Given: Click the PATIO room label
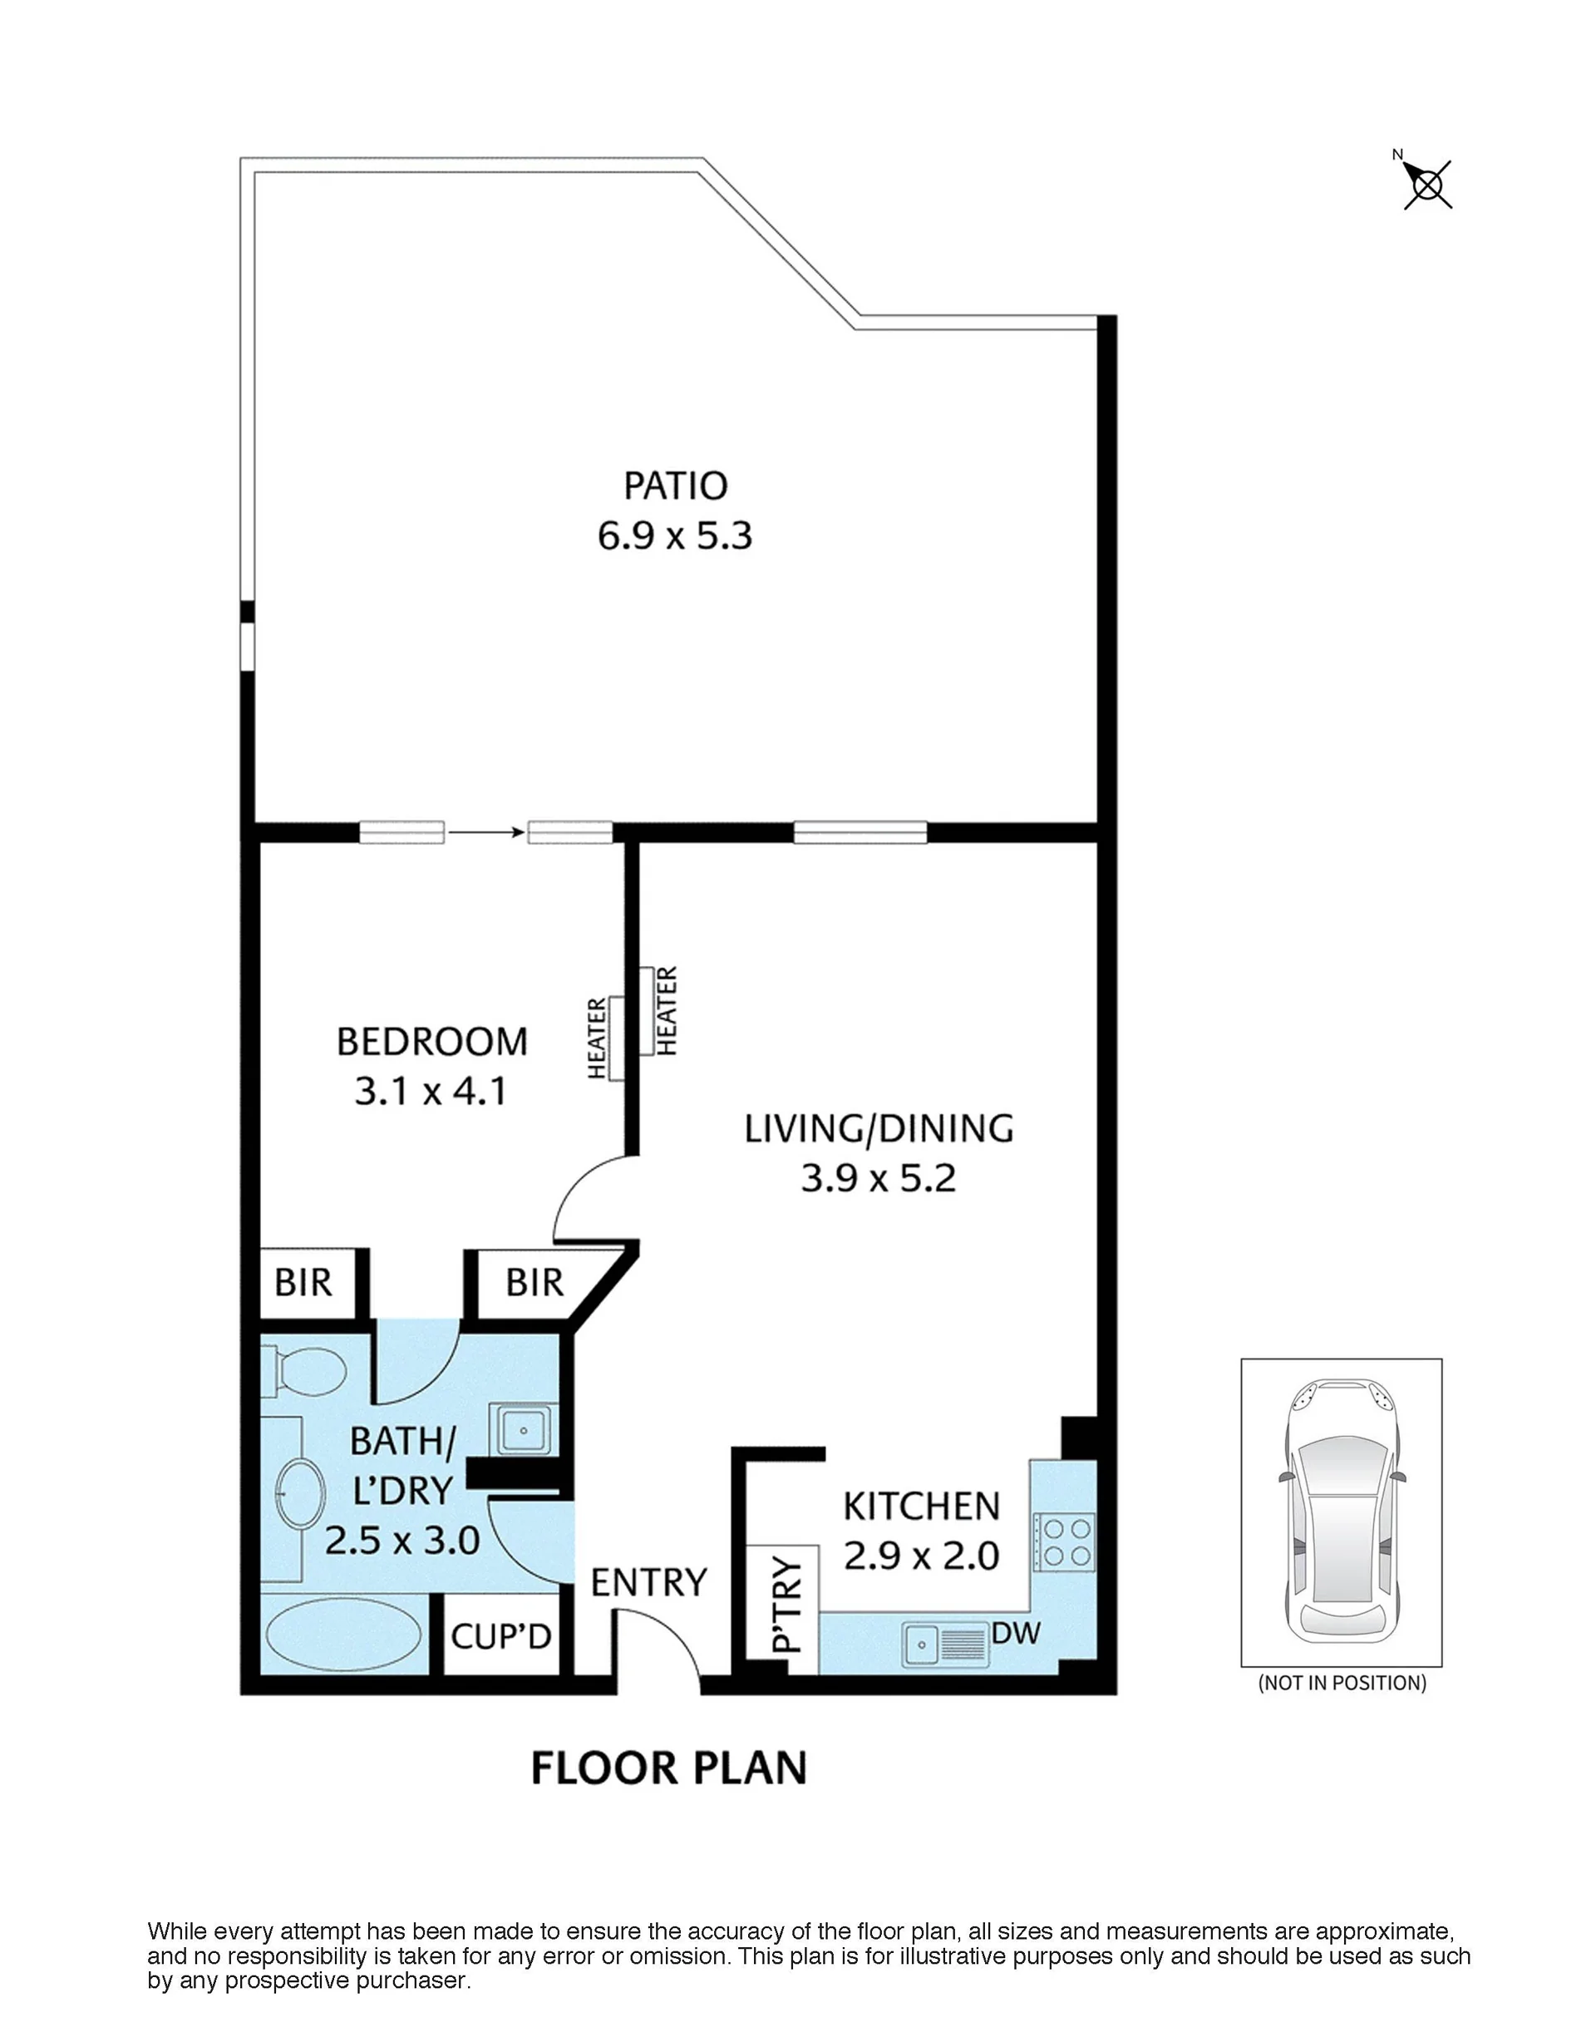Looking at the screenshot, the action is (675, 486).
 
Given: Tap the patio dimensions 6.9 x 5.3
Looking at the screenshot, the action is (675, 536).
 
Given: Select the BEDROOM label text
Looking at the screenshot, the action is (431, 1041).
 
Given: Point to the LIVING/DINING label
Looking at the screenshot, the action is (879, 1128).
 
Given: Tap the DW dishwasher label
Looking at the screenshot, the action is (1016, 1633).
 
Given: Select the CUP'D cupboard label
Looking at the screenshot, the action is (501, 1636).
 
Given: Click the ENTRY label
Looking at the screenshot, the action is (648, 1583).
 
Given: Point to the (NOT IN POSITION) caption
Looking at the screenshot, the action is (1342, 1684).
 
